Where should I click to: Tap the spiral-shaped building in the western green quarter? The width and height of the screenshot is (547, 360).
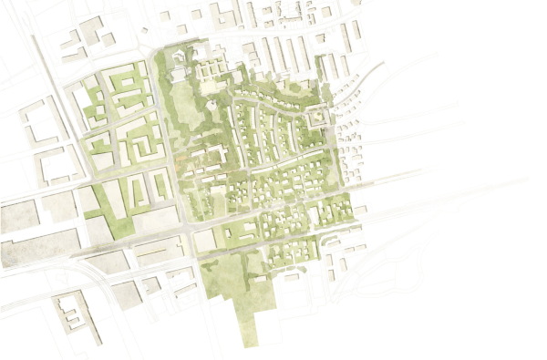click(145, 143)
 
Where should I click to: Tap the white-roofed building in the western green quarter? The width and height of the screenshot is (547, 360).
click(102, 160)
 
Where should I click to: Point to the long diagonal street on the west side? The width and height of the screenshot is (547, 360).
click(64, 109)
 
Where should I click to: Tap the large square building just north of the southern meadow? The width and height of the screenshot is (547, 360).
click(206, 239)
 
